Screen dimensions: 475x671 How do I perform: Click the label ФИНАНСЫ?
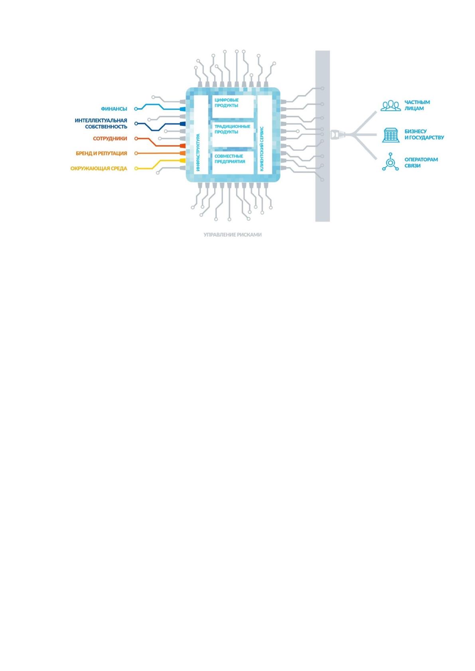(114, 109)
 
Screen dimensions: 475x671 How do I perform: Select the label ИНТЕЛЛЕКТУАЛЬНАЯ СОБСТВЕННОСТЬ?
(101, 124)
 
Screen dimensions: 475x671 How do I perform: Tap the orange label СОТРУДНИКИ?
(110, 139)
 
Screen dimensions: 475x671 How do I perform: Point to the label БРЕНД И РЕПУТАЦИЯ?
(101, 153)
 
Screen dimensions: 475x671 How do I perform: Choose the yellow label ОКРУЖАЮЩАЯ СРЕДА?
(99, 169)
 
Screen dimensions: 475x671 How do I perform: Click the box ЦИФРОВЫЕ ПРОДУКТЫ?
(233, 107)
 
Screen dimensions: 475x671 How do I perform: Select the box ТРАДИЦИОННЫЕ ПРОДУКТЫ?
(233, 135)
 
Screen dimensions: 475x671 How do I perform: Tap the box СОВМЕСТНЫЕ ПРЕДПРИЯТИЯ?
(233, 162)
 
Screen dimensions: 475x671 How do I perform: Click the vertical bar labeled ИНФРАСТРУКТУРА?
(201, 135)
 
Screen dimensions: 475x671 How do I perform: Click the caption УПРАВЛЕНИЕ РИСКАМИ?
(233, 235)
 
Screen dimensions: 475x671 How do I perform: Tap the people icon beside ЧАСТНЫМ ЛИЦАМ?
(390, 106)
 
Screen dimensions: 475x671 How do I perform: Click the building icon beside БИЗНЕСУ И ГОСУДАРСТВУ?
(390, 135)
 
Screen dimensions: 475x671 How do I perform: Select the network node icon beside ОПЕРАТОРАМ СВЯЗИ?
(390, 162)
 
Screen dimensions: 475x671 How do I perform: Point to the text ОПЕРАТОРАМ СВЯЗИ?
(421, 162)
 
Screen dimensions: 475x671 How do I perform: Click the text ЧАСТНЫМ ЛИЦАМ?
(417, 105)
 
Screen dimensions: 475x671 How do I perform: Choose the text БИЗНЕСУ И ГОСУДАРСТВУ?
(424, 135)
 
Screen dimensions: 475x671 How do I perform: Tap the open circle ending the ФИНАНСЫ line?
(136, 109)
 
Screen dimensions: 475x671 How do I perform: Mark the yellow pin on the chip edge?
(182, 161)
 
